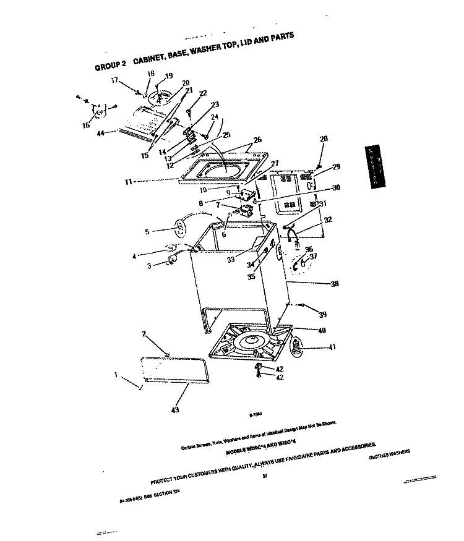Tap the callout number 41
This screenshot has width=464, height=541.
(x=332, y=347)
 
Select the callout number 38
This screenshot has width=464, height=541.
(x=335, y=284)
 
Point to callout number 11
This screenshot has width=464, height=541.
(x=129, y=182)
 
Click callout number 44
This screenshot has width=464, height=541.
(x=101, y=132)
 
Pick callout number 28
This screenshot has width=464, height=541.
(x=324, y=139)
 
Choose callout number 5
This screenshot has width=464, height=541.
(x=147, y=232)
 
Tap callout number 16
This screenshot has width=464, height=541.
(x=85, y=125)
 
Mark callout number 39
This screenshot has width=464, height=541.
(x=322, y=315)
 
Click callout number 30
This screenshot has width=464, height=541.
(x=336, y=188)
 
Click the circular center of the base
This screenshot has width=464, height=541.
(x=255, y=341)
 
